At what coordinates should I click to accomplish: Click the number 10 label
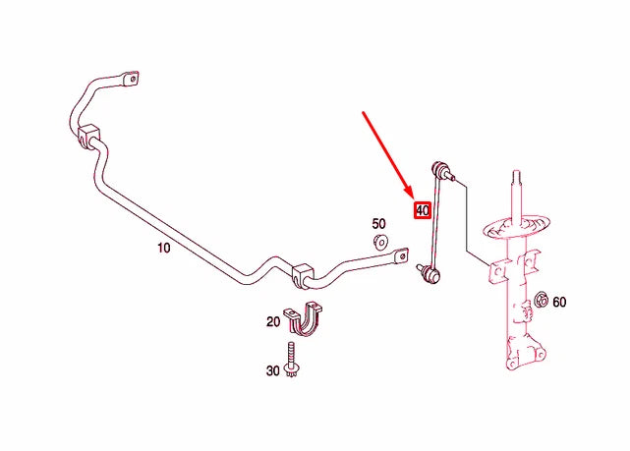click(163, 248)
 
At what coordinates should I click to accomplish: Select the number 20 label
click(273, 321)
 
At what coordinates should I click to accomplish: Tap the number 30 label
click(273, 370)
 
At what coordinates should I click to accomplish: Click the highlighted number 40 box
click(423, 210)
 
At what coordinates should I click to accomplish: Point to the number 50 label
click(378, 224)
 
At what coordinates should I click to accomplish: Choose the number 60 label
click(559, 302)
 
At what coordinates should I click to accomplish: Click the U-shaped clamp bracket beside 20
click(304, 319)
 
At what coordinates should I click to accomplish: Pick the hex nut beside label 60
click(542, 300)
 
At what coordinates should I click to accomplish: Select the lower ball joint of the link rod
click(430, 273)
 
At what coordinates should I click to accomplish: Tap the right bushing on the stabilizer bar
click(302, 275)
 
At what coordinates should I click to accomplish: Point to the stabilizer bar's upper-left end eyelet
click(132, 78)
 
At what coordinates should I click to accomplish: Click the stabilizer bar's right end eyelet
click(401, 255)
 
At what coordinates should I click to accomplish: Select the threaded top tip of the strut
click(517, 177)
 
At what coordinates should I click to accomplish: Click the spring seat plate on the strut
click(517, 228)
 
